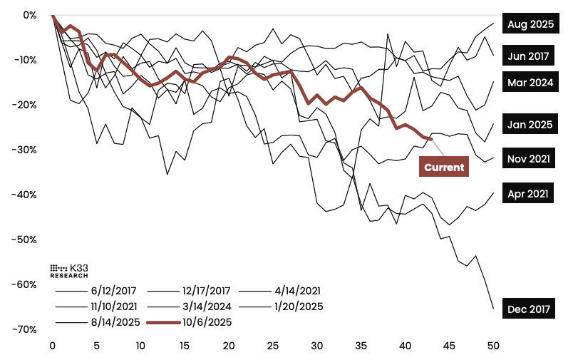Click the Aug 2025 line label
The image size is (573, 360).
click(530, 24)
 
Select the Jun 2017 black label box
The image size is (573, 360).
click(530, 55)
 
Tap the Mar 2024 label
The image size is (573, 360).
click(530, 83)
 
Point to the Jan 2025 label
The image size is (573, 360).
click(530, 125)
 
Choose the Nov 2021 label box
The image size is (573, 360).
click(530, 158)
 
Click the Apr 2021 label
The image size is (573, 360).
click(530, 193)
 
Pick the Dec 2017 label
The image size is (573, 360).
click(530, 309)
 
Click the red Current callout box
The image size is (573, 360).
click(444, 168)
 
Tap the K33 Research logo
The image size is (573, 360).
click(69, 270)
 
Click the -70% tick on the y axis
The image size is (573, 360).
click(26, 329)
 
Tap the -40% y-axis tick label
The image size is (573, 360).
click(26, 195)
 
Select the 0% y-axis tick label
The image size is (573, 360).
click(31, 15)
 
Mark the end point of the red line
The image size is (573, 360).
click(431, 139)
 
